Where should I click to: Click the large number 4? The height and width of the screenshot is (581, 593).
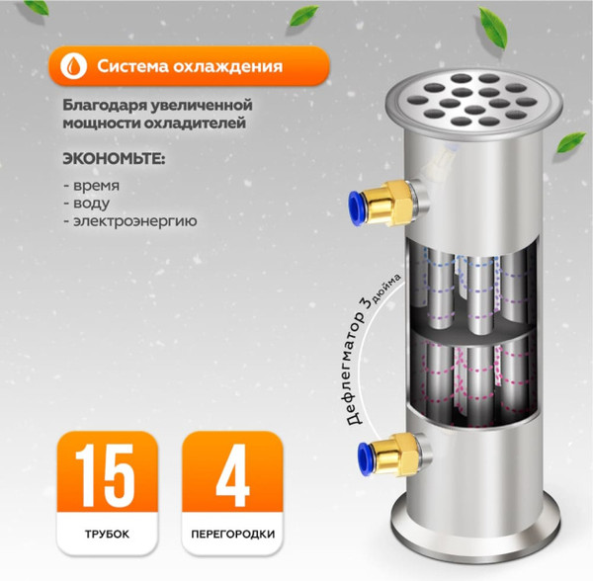coord(231,478)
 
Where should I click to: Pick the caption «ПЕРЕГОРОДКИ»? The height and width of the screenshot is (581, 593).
coord(231,539)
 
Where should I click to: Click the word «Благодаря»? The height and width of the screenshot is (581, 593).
coord(110,105)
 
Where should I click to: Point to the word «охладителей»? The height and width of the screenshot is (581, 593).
coord(198,124)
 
